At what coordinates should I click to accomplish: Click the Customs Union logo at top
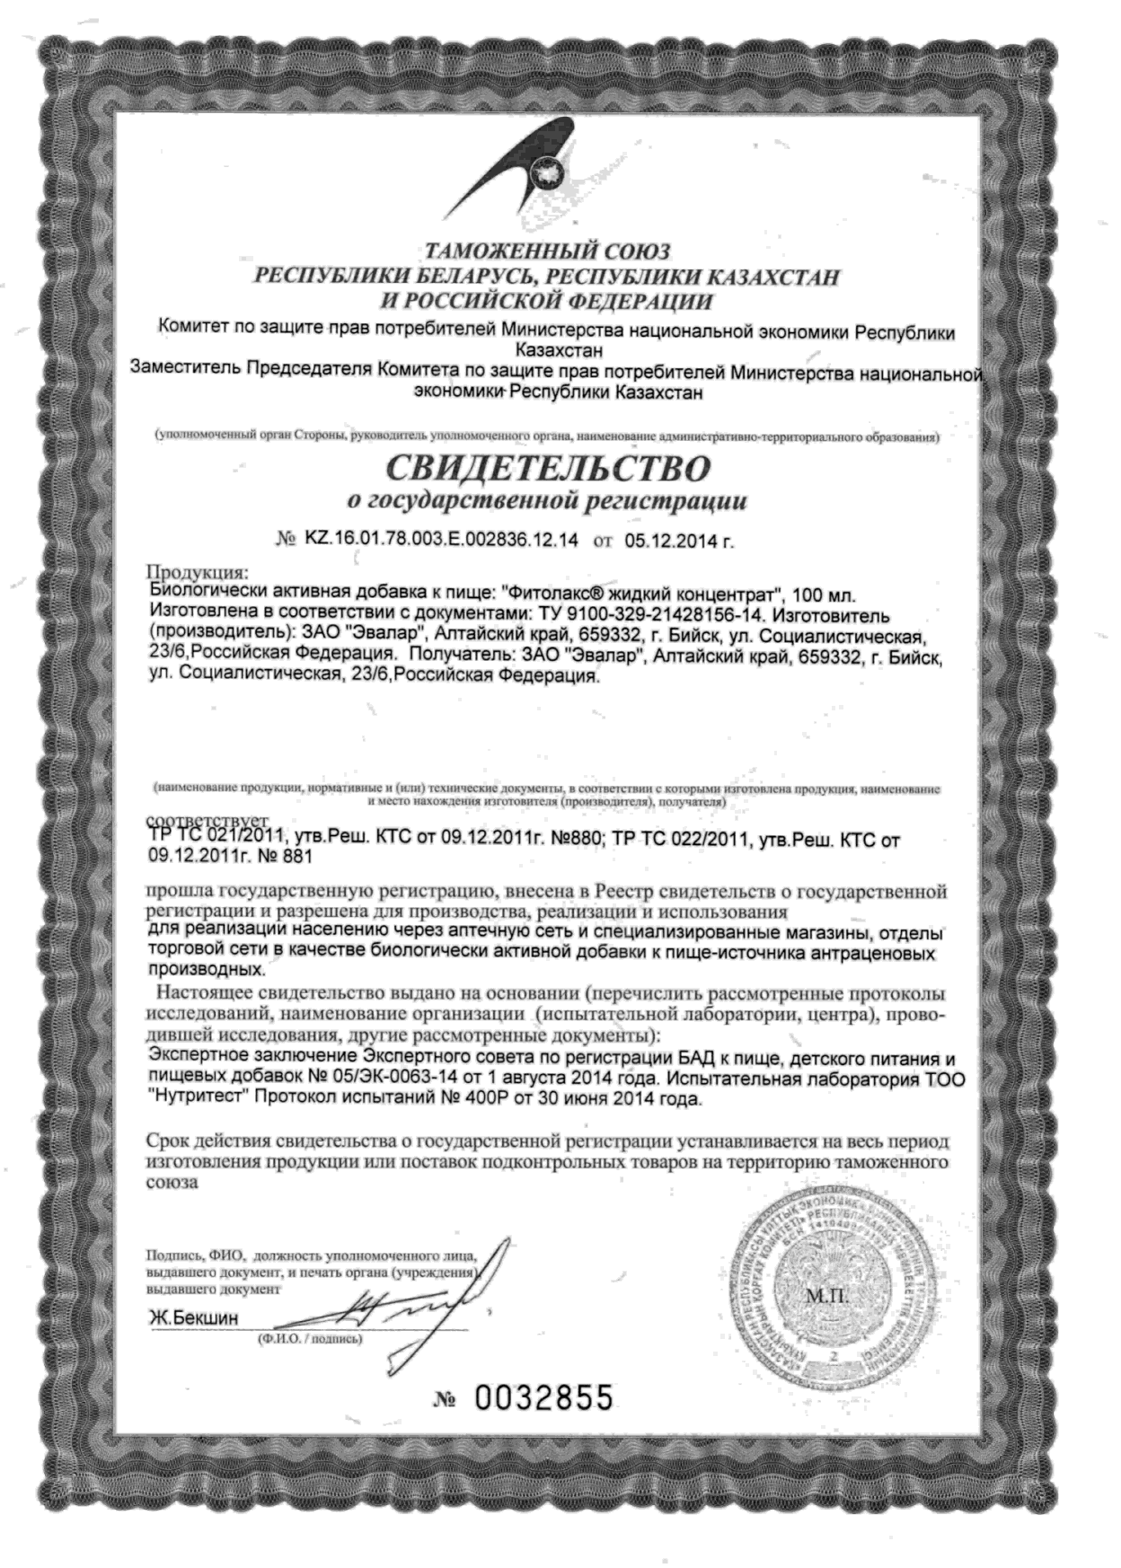540,161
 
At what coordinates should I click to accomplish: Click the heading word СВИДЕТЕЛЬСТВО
549,467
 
